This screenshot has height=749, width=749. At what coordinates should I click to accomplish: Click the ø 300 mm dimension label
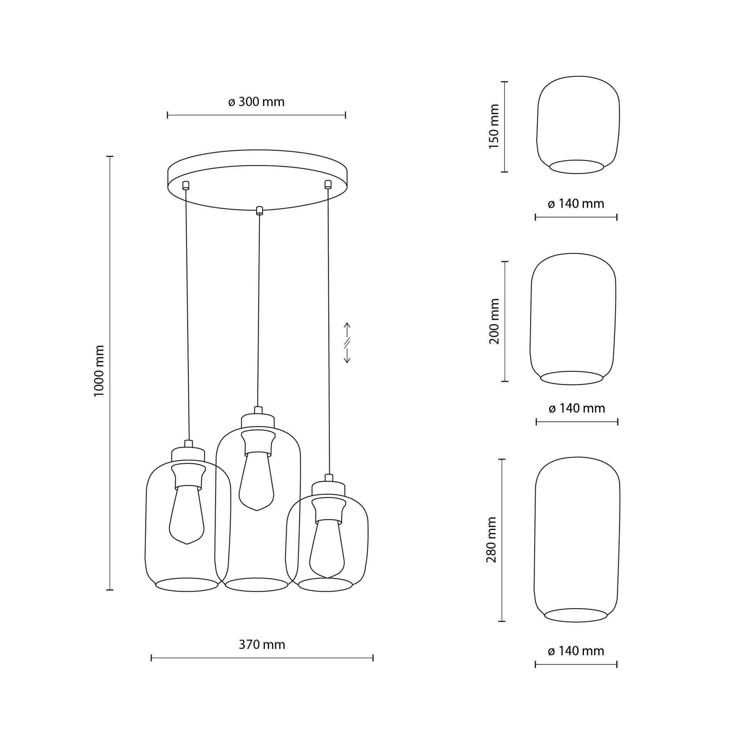(256, 102)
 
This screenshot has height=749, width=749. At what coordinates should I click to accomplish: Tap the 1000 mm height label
(100, 371)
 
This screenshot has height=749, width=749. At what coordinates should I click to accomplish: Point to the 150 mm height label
(494, 127)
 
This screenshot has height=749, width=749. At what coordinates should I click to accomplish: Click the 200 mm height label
(494, 321)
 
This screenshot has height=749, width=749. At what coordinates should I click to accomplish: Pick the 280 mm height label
(491, 540)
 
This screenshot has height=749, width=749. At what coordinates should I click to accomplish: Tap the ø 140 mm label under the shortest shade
(576, 204)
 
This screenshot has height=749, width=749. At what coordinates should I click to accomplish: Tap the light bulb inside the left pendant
(187, 516)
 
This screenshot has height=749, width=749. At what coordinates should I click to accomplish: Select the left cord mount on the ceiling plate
(186, 185)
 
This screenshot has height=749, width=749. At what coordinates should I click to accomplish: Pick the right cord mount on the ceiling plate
(328, 184)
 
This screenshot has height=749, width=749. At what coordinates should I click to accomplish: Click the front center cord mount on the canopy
(260, 211)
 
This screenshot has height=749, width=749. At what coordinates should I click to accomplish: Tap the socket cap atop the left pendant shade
(188, 454)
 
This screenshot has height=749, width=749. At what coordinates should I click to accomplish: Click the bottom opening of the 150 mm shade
(577, 167)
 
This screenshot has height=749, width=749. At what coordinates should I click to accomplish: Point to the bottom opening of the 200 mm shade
(572, 378)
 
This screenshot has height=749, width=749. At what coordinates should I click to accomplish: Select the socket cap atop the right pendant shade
(328, 488)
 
